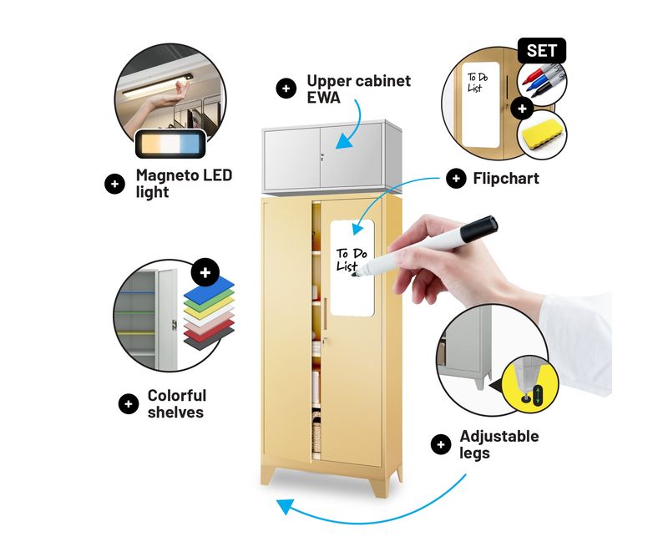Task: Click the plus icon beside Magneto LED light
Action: pyautogui.click(x=114, y=184)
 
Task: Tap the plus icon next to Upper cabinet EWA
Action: pyautogui.click(x=286, y=89)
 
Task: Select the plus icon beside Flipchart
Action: pyautogui.click(x=456, y=177)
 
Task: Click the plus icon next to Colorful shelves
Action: pyautogui.click(x=128, y=403)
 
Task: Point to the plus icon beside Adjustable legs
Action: pyautogui.click(x=440, y=444)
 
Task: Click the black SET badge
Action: pyautogui.click(x=542, y=51)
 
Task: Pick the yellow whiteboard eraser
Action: pyautogui.click(x=543, y=134)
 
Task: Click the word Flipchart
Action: pyautogui.click(x=506, y=178)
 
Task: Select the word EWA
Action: pyautogui.click(x=325, y=98)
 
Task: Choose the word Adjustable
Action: pyautogui.click(x=499, y=437)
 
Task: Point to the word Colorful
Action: pyautogui.click(x=176, y=396)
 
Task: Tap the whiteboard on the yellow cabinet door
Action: pyautogui.click(x=352, y=267)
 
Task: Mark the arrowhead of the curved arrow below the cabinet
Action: pyautogui.click(x=285, y=506)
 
